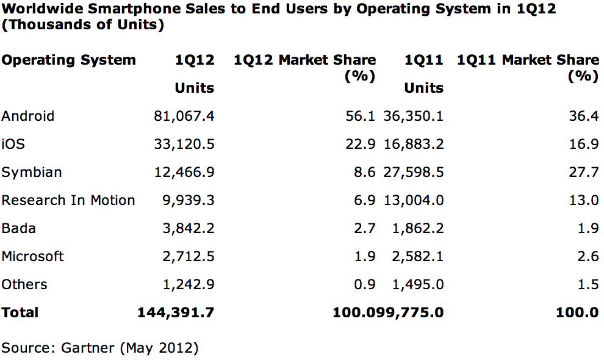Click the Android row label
(x=28, y=116)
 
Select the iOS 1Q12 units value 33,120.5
(x=184, y=144)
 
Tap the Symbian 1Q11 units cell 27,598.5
(x=414, y=172)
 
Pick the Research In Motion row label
(x=68, y=200)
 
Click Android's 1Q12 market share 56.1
(x=364, y=116)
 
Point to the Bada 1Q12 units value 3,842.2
(x=189, y=228)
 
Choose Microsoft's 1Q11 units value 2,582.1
(x=419, y=256)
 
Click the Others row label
(x=24, y=284)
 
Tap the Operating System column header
(x=68, y=60)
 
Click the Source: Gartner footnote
(x=100, y=348)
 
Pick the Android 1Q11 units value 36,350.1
(x=414, y=116)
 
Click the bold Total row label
(x=20, y=312)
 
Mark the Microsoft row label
(x=32, y=256)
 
